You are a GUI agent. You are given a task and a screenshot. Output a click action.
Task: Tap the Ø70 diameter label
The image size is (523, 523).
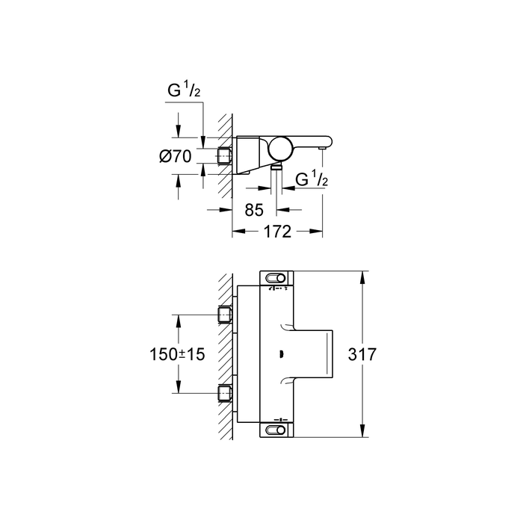tap(176, 156)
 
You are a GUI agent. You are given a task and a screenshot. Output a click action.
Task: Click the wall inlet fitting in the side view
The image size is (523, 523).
tap(224, 155)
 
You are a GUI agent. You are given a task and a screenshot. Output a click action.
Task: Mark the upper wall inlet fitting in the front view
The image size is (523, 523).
tap(224, 314)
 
